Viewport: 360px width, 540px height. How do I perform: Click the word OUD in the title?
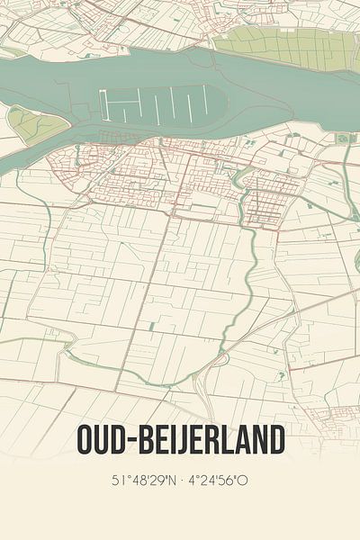click(101, 440)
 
